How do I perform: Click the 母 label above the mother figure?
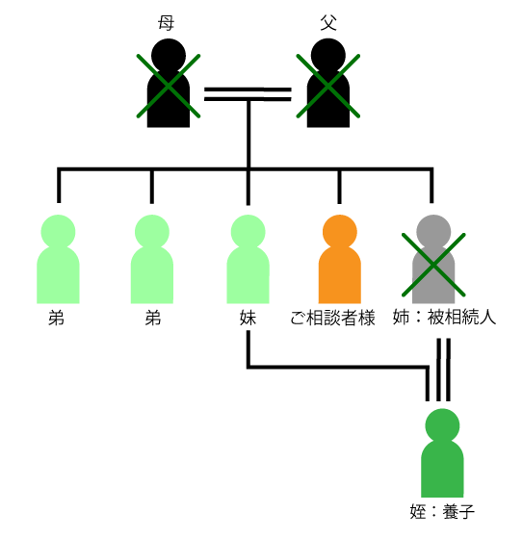(167, 23)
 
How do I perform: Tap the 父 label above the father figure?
(328, 23)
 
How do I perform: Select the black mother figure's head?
(169, 56)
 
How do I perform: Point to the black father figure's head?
(328, 56)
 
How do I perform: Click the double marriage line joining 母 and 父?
(248, 94)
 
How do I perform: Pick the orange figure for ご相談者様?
(340, 259)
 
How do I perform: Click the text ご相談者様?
(332, 318)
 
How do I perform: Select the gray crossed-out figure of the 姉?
(433, 259)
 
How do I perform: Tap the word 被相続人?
(461, 317)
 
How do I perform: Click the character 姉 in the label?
(401, 317)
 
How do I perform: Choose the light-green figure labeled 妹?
(248, 259)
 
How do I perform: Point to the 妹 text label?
(248, 318)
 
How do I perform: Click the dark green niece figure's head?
(442, 425)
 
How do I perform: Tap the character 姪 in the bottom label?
(418, 512)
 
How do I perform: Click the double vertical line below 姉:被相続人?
(443, 370)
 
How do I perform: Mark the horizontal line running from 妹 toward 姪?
(338, 367)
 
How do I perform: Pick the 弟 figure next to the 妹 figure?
(152, 259)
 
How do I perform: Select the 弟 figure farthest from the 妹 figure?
(58, 259)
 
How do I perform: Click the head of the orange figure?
(340, 232)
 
